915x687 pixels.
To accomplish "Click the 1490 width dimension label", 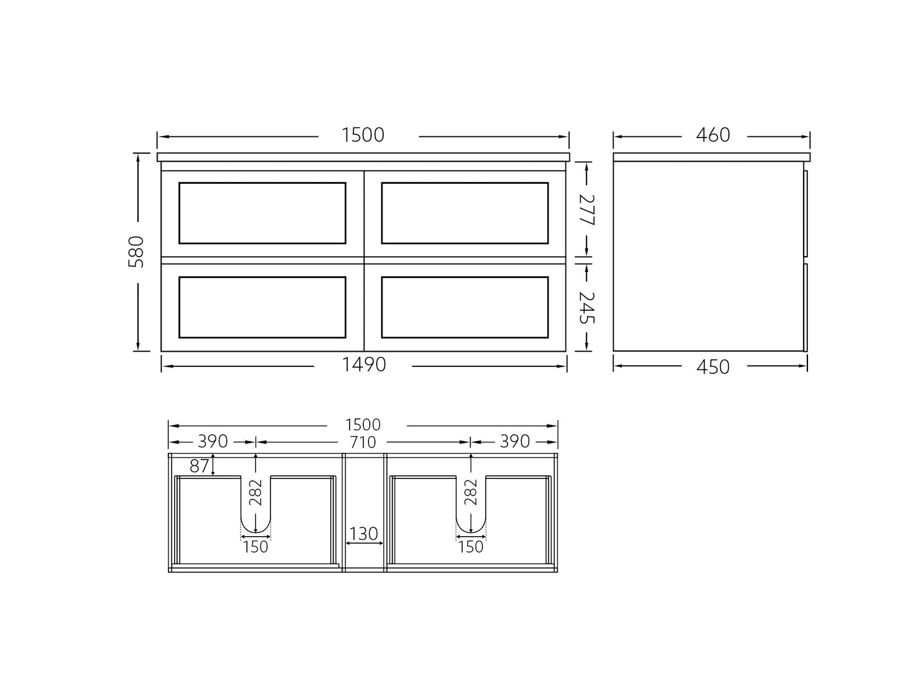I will click(x=363, y=365).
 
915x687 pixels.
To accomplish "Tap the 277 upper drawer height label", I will click(x=587, y=210).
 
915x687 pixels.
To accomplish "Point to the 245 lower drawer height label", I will click(x=587, y=307).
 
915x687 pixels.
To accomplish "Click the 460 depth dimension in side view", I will click(x=712, y=135).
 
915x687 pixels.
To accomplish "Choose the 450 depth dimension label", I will click(x=712, y=367).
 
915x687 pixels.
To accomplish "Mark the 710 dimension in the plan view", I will click(x=363, y=442).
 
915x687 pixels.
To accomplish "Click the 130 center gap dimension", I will click(x=363, y=534).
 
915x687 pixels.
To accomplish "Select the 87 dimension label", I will click(x=199, y=466).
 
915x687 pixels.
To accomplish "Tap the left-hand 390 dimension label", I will click(x=213, y=442).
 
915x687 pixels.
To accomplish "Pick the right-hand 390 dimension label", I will click(x=514, y=442).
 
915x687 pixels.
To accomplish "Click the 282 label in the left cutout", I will click(x=256, y=492).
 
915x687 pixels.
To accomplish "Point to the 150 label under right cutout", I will click(x=470, y=547).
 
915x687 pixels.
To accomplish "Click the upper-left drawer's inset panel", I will click(x=262, y=213).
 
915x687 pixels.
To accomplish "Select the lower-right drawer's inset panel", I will click(x=465, y=307).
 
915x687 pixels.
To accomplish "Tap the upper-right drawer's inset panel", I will click(x=465, y=213).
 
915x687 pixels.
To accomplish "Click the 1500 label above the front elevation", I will click(x=363, y=135).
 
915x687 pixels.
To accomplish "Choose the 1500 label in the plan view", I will click(x=363, y=425).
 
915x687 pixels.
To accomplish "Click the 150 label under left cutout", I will click(x=256, y=547).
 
